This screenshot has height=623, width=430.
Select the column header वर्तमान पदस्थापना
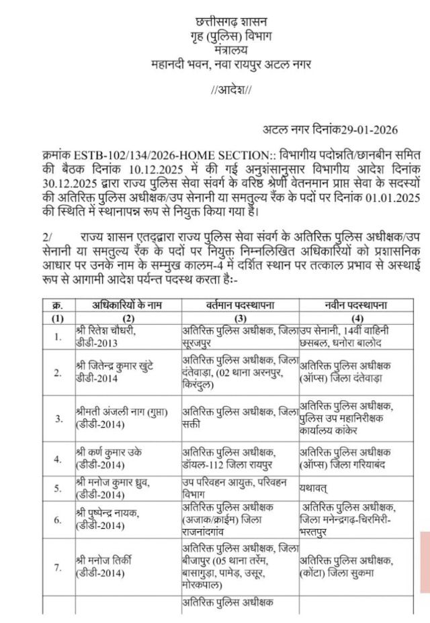238,305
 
